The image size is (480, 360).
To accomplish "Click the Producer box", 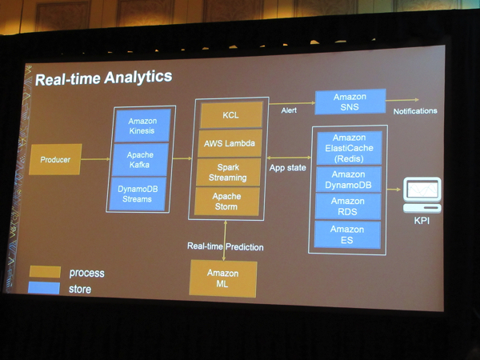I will click(x=55, y=160).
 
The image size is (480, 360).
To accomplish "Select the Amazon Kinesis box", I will click(x=142, y=126).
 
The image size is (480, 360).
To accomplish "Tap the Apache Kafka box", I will click(x=141, y=159).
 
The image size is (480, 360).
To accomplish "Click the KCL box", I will click(x=231, y=115).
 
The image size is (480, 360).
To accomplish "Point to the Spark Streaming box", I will click(x=229, y=172).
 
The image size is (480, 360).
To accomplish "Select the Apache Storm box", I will click(x=228, y=201).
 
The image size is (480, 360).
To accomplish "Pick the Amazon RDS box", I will click(x=348, y=206).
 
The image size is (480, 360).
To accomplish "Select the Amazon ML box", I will click(x=222, y=278).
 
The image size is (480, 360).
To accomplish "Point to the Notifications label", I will click(x=415, y=111).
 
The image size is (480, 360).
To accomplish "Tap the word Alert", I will click(x=289, y=110).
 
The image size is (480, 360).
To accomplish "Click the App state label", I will click(x=287, y=168).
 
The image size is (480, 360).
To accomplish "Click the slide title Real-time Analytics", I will click(x=103, y=78).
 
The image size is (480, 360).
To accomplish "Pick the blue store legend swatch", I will click(x=44, y=288).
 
